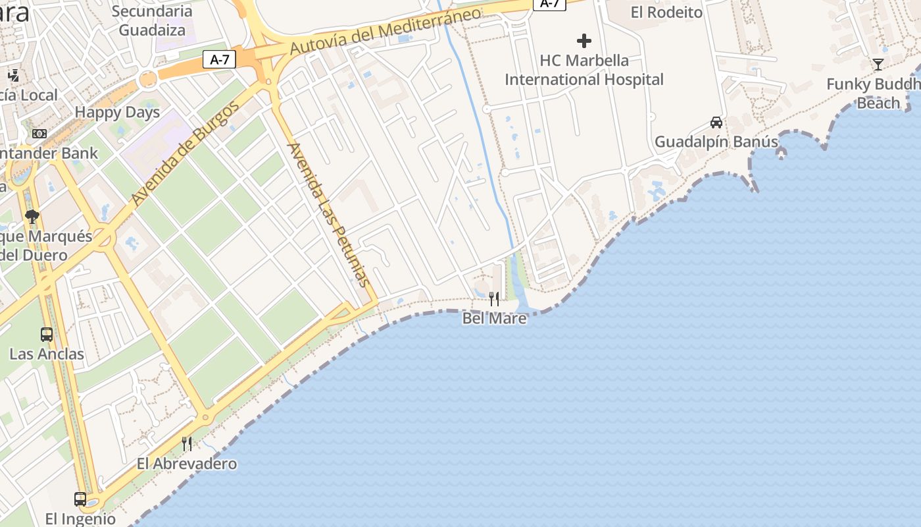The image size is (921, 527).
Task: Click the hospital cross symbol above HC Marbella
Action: pos(584,41)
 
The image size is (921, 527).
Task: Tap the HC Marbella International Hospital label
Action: pos(584,70)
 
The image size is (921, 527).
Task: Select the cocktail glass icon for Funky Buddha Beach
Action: pos(878,64)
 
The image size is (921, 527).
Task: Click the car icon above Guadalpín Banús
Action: pos(716,122)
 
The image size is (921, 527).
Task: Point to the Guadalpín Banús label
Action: pos(716,142)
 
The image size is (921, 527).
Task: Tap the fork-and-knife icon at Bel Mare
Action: pos(494,298)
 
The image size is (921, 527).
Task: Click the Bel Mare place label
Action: pos(494,318)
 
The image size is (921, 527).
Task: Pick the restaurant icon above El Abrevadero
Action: pos(187,443)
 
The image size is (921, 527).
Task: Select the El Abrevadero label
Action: pos(187,464)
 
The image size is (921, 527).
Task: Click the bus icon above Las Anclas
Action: pos(46,334)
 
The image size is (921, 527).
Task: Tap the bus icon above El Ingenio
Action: pos(80,499)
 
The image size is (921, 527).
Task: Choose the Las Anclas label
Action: pos(47,354)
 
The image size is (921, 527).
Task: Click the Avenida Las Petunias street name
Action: pos(327,214)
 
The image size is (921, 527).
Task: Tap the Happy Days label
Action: pos(117,112)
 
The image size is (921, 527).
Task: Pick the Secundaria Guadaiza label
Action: pos(152,20)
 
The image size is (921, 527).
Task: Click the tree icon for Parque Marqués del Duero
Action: pos(32,216)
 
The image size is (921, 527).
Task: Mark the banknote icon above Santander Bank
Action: pos(39,134)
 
